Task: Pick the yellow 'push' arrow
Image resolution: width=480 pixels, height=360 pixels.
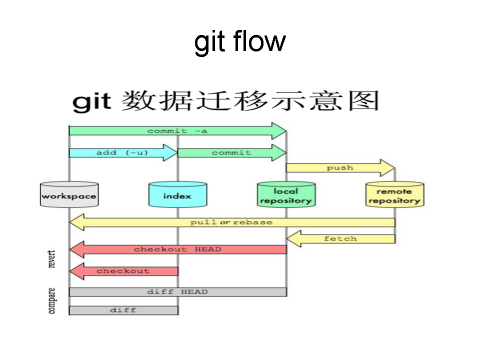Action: coord(340,168)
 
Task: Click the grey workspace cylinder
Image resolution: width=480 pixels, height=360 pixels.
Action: coord(69,194)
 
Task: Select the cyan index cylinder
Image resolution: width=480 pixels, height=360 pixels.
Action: coord(177,195)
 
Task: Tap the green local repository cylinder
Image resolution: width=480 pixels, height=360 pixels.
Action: coord(286,195)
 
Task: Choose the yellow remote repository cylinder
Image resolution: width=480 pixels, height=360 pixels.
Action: coord(394,195)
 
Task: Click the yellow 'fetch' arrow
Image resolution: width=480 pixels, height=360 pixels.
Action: coord(340,238)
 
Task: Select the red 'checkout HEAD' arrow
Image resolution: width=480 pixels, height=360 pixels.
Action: coord(177,249)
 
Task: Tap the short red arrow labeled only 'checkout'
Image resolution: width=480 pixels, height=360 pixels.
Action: coord(123,271)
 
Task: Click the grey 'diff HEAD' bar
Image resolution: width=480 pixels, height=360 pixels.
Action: coord(177,292)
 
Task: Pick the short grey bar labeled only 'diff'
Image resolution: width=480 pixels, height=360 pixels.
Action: coord(123,310)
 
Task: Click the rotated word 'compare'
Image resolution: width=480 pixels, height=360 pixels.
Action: coord(52,300)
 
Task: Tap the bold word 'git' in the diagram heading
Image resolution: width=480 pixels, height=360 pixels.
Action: coord(91,101)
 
